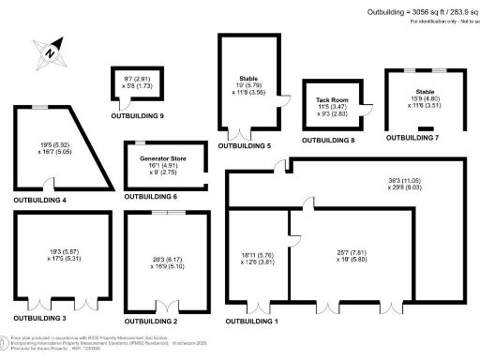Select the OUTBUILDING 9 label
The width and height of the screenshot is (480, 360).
click(x=136, y=115)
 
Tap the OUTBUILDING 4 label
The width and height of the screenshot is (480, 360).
click(x=39, y=201)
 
